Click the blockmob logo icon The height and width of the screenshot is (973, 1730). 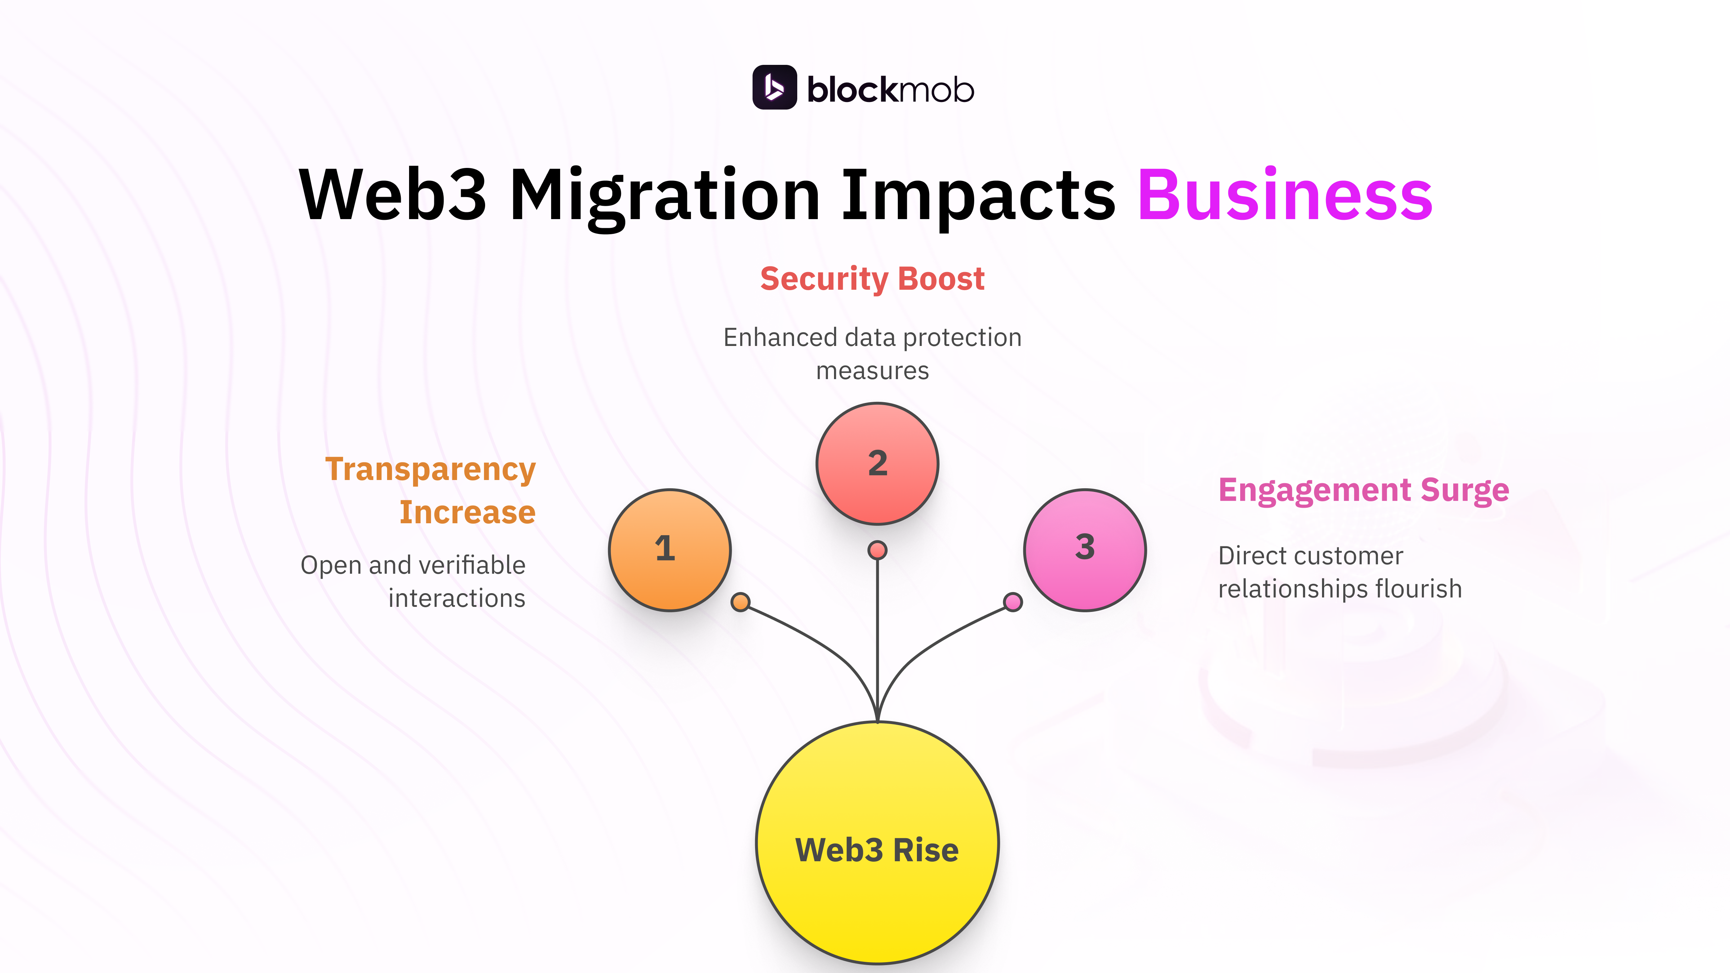[x=774, y=87]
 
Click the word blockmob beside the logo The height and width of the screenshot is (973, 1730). [x=890, y=89]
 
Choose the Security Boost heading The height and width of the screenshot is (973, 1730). [x=872, y=279]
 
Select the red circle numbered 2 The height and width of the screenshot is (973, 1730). [x=877, y=463]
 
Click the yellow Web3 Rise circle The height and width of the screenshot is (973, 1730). [x=877, y=843]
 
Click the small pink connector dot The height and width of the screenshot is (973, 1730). [x=1013, y=602]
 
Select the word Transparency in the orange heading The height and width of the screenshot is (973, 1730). [x=430, y=469]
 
